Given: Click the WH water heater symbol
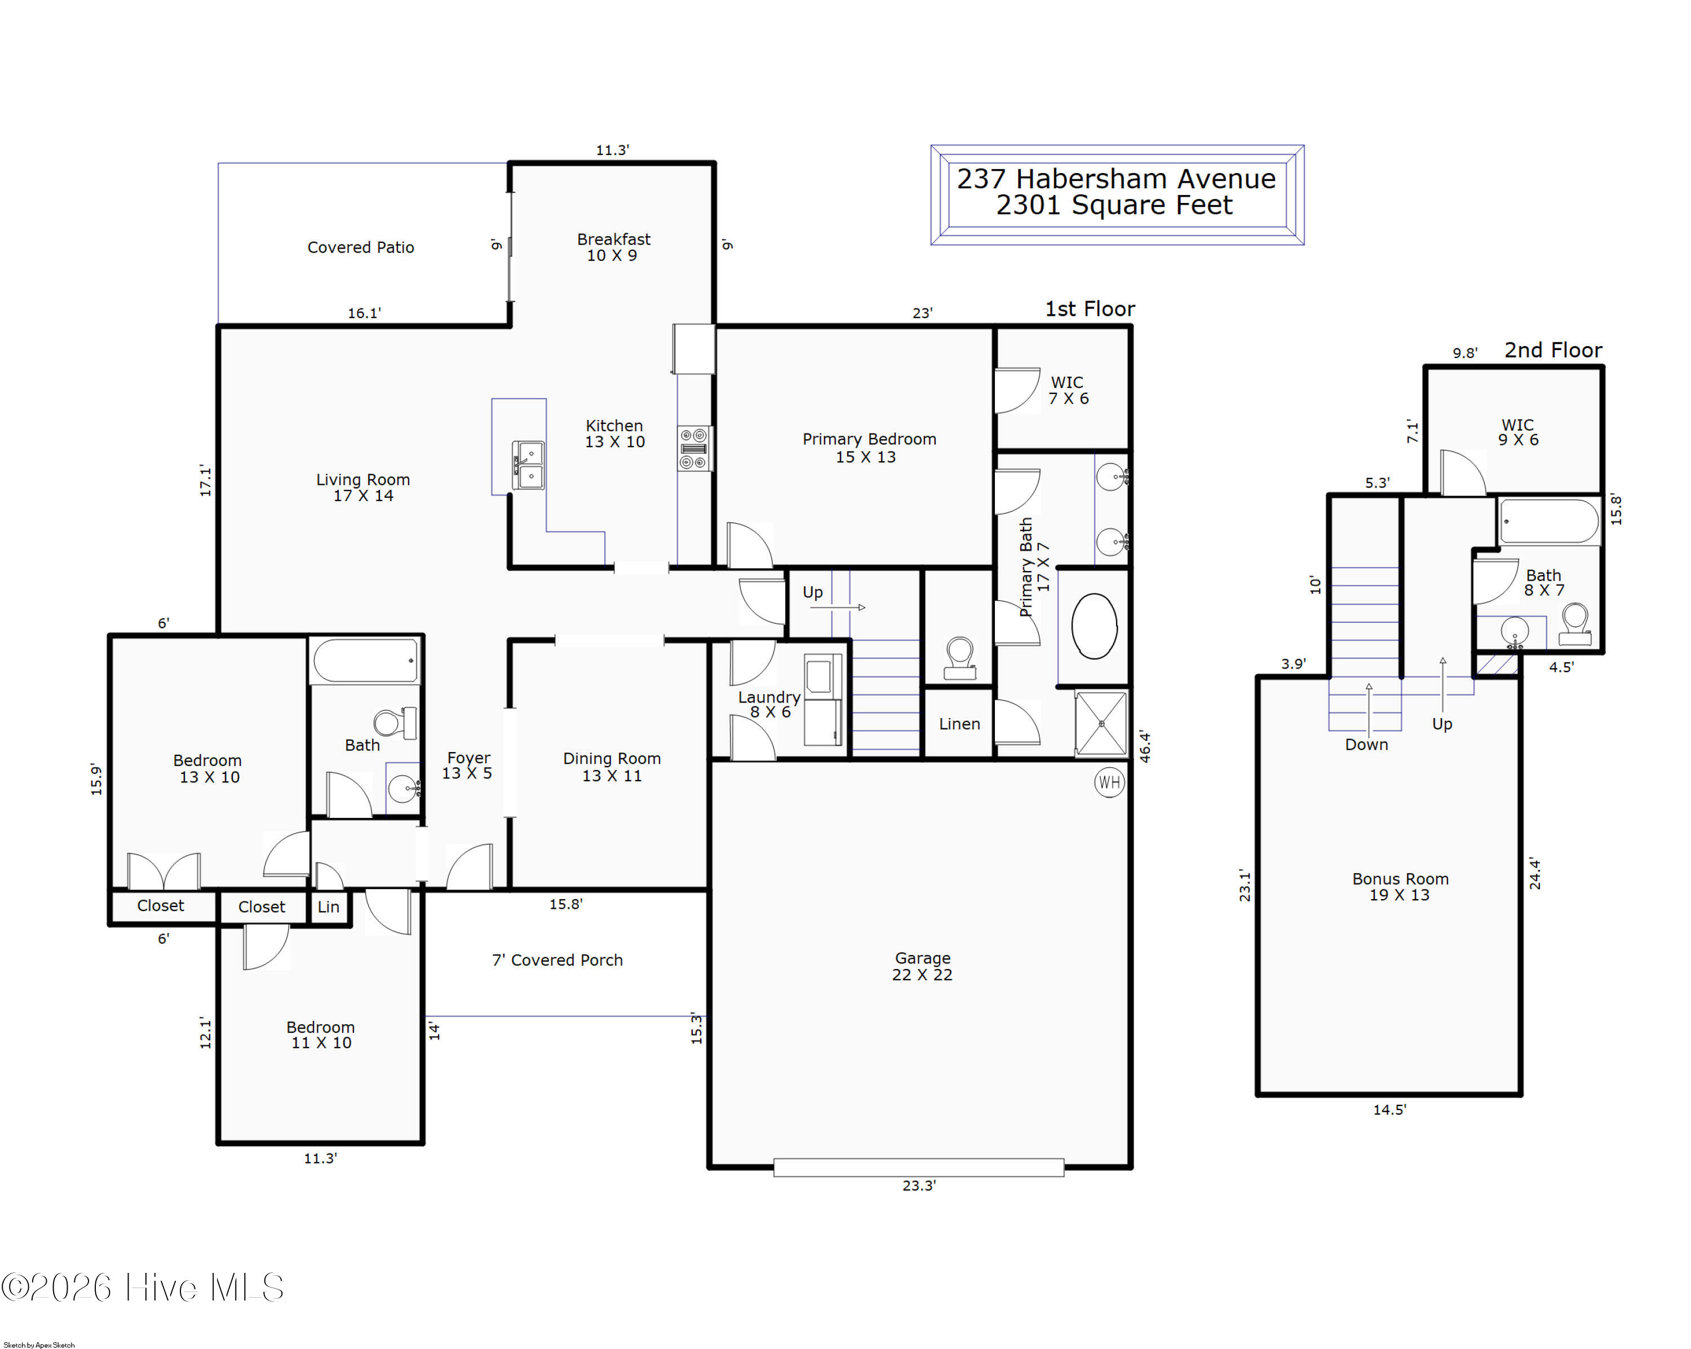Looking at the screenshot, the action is pos(1109,782).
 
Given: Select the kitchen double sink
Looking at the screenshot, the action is pos(529,465).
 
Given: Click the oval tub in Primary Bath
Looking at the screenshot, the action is pos(1094,626).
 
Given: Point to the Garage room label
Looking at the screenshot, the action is pos(922,966).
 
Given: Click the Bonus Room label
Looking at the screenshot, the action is pos(1400,887).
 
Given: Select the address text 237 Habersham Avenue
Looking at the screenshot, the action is pos(1116,179).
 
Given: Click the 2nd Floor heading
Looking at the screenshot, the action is pos(1553,350).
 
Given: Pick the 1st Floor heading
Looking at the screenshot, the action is pos(1090,309).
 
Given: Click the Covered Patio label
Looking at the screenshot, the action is pos(361,247).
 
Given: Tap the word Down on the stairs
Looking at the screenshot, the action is pos(1366,744).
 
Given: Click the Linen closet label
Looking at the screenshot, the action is pos(959,724).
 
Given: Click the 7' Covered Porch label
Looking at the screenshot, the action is pos(557,960).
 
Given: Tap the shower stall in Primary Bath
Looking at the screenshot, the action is pos(1101,724).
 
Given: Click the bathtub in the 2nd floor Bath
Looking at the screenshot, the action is pos(1549,521).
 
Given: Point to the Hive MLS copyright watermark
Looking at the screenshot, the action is pos(142,1288).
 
